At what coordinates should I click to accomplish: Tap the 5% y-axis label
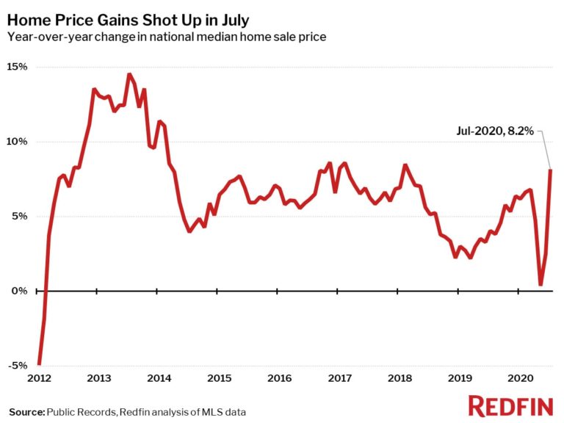click(x=20, y=217)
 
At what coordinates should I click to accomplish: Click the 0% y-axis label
click(x=20, y=292)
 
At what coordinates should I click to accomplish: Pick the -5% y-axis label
click(x=18, y=366)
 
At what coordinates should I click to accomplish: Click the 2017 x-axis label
click(x=339, y=378)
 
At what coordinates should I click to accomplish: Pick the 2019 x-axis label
click(x=458, y=378)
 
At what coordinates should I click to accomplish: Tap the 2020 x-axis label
click(x=518, y=378)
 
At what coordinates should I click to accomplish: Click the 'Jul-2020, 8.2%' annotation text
click(x=493, y=132)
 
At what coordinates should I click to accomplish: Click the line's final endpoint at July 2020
click(x=551, y=170)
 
